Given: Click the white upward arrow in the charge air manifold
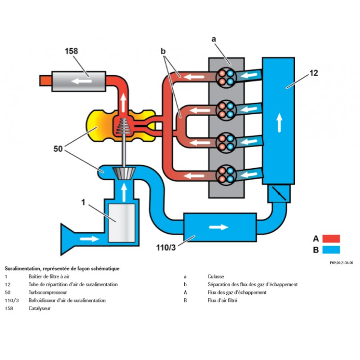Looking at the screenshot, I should pyautogui.click(x=279, y=121).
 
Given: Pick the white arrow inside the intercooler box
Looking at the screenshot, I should pyautogui.click(x=218, y=227).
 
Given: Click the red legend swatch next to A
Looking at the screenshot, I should pyautogui.click(x=331, y=238).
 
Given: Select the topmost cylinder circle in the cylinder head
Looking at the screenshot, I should pyautogui.click(x=226, y=76).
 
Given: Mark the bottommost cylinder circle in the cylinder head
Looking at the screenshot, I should pyautogui.click(x=226, y=174).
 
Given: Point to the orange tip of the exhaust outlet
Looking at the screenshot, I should pyautogui.click(x=44, y=81).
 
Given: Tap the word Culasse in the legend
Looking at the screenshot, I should pyautogui.click(x=216, y=276).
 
